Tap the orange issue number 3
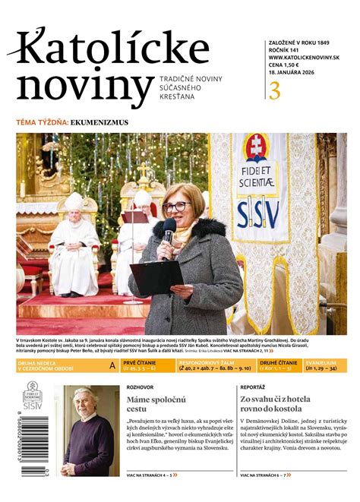pos(274,90)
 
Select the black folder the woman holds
pos(156,276)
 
